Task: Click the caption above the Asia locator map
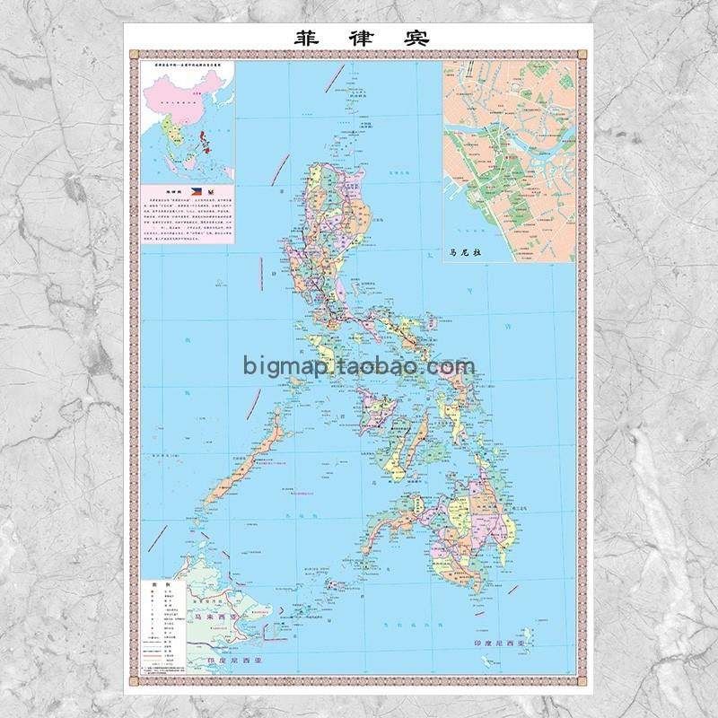187,66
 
